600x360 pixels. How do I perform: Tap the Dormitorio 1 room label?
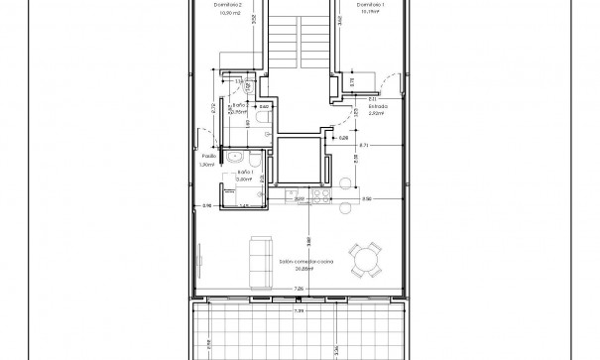click(369, 4)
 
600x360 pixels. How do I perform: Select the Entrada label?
click(373, 107)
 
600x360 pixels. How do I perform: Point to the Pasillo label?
click(209, 157)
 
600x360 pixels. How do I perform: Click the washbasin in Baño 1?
click(234, 157)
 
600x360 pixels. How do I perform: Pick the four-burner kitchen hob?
click(322, 197)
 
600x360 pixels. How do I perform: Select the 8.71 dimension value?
click(364, 146)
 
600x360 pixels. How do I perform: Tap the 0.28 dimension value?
click(342, 138)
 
